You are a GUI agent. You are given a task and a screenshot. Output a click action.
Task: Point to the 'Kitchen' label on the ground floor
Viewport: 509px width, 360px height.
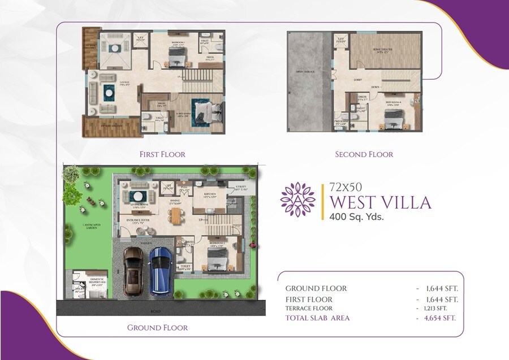[x=210, y=194]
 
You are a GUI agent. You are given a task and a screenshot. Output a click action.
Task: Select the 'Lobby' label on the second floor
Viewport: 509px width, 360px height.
[x=358, y=80]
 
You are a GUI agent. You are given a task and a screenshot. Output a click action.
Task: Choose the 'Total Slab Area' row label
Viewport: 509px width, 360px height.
[x=317, y=318]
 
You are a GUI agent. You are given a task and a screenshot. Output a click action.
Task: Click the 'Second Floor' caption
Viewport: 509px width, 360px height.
[x=364, y=154]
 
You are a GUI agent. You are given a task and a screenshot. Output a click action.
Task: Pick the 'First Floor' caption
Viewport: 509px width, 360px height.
[x=162, y=154]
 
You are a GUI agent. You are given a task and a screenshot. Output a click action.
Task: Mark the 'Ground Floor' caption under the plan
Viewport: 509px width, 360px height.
[x=157, y=327]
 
